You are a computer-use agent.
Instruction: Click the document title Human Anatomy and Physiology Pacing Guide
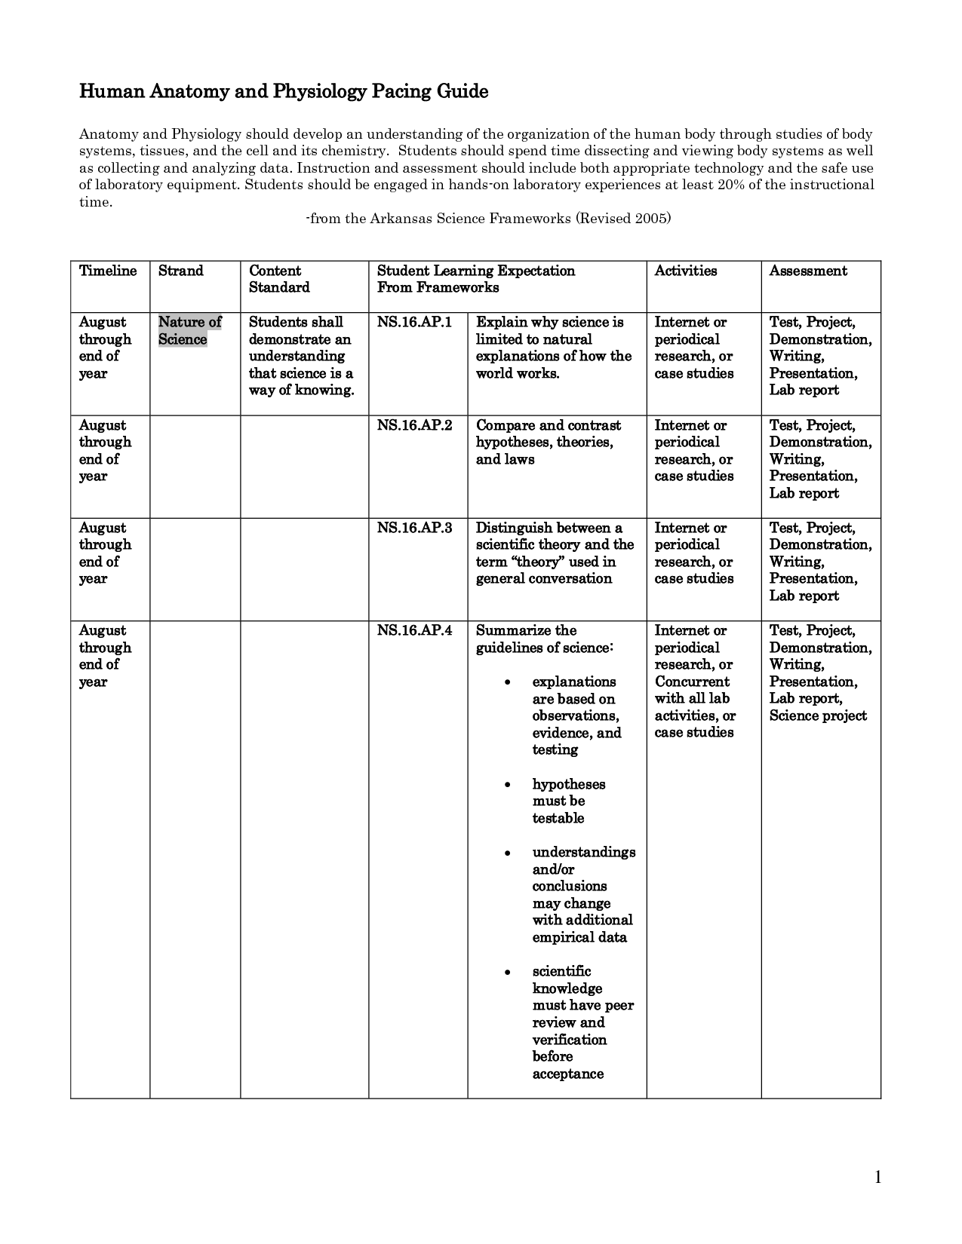click(284, 92)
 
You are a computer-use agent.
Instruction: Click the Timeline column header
click(108, 271)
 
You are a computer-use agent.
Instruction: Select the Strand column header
click(180, 271)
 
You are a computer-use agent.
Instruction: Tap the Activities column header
click(685, 271)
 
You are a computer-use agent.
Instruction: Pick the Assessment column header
click(807, 271)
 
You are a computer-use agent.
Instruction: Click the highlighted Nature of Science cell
click(189, 331)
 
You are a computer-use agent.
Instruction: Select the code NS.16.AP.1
click(414, 323)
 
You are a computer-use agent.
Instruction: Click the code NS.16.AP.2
click(414, 425)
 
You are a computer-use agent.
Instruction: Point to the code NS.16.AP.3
click(414, 528)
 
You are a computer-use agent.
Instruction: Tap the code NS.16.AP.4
click(414, 630)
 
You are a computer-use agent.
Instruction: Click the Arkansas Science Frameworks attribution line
click(488, 219)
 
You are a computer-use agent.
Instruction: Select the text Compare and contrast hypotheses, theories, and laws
click(548, 443)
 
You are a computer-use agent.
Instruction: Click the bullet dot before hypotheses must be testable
click(508, 785)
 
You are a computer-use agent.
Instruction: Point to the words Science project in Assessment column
click(818, 716)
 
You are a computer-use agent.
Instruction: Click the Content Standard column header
click(279, 279)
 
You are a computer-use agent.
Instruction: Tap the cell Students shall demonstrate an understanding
click(301, 357)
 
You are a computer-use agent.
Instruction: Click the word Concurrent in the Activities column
click(692, 682)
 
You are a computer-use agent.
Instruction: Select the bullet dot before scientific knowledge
click(508, 972)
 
